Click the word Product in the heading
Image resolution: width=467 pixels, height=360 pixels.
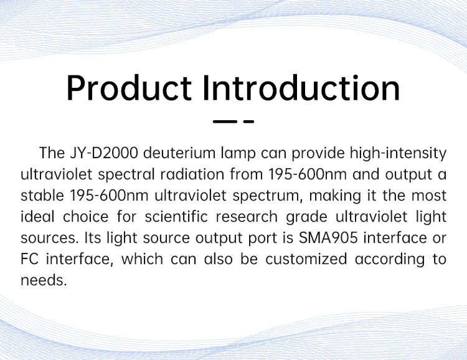[x=129, y=88]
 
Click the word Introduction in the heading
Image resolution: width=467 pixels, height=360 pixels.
[x=301, y=88]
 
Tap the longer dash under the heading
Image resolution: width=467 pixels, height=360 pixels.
[x=225, y=121]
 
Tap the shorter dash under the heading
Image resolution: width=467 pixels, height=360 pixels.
[x=248, y=121]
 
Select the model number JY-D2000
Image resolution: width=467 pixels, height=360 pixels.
[x=104, y=153]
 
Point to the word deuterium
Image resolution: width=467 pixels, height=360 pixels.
[x=179, y=153]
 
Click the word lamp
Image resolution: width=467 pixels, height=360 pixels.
[x=238, y=154]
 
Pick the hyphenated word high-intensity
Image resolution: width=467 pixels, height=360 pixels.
[x=399, y=154]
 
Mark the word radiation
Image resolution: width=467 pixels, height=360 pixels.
[x=192, y=174]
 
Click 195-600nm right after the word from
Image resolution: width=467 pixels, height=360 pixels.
[x=308, y=174]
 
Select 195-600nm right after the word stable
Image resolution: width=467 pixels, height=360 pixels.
[x=109, y=196]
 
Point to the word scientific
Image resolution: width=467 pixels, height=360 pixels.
[x=176, y=217]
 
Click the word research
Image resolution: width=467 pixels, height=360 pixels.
[x=247, y=217]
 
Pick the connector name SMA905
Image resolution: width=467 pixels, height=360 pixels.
[x=328, y=238]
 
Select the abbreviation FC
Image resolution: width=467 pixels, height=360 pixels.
[x=29, y=259]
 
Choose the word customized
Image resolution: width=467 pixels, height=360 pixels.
[x=306, y=259]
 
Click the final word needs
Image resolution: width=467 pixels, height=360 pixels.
[x=44, y=280]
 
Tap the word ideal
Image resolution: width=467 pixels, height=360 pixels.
[x=37, y=217]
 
